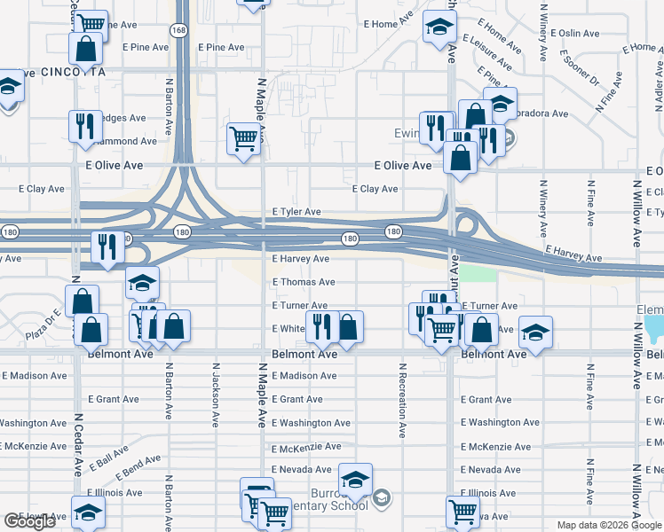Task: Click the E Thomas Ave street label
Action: pyautogui.click(x=304, y=282)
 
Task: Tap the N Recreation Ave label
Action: pyautogui.click(x=402, y=400)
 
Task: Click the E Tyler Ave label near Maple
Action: pyautogui.click(x=296, y=212)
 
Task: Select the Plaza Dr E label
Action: pyautogui.click(x=42, y=325)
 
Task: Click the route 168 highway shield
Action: pyautogui.click(x=180, y=30)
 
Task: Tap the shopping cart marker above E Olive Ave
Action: pyautogui.click(x=243, y=138)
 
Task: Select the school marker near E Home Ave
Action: pyautogui.click(x=439, y=27)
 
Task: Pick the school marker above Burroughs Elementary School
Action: pyautogui.click(x=355, y=480)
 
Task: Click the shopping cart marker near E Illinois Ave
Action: pyautogui.click(x=462, y=511)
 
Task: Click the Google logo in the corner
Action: pyautogui.click(x=29, y=521)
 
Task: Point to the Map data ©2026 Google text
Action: pyautogui.click(x=607, y=525)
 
